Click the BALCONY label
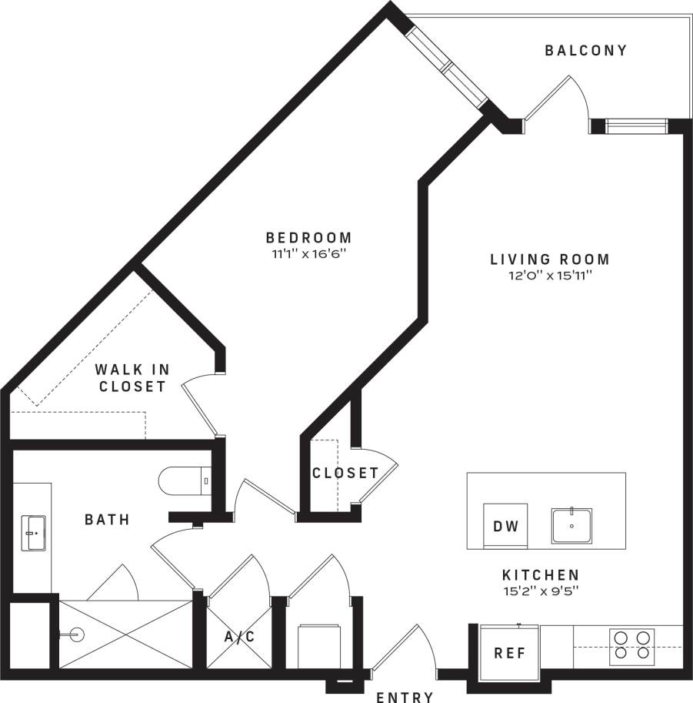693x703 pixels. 586,51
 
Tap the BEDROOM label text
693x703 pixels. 308,238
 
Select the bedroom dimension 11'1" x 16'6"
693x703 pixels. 308,253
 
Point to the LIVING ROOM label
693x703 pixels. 550,259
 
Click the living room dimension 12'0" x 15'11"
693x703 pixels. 550,275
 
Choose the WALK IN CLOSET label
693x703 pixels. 132,378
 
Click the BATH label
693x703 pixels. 107,520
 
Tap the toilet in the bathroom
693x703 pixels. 183,481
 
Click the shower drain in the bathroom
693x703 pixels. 75,635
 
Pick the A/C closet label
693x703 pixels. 238,637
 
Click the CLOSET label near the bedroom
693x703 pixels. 345,473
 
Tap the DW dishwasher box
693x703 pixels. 505,527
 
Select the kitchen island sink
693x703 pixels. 571,526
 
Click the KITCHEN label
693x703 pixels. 541,575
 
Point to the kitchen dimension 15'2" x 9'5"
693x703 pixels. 541,591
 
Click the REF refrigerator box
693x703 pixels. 509,653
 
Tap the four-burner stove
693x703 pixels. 631,647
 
